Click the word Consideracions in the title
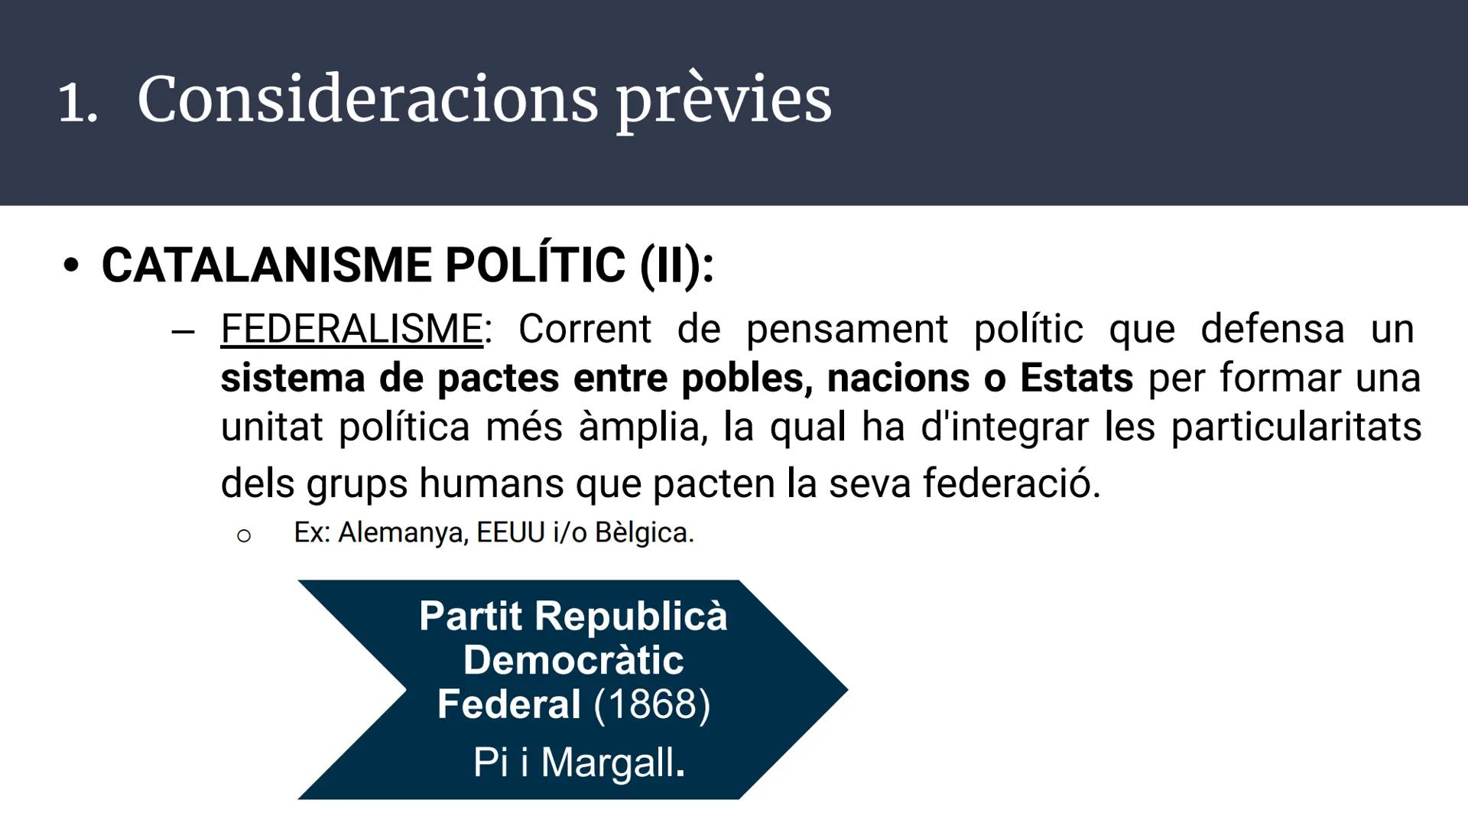click(367, 99)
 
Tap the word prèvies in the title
click(723, 101)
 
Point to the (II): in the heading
click(677, 266)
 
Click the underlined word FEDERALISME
click(352, 330)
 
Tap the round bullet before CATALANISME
click(71, 266)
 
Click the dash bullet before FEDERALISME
click(183, 332)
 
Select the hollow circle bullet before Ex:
click(243, 536)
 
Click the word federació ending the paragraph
click(1011, 483)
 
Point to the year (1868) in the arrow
click(652, 704)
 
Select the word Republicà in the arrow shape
click(631, 616)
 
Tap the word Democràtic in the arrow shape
click(573, 660)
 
